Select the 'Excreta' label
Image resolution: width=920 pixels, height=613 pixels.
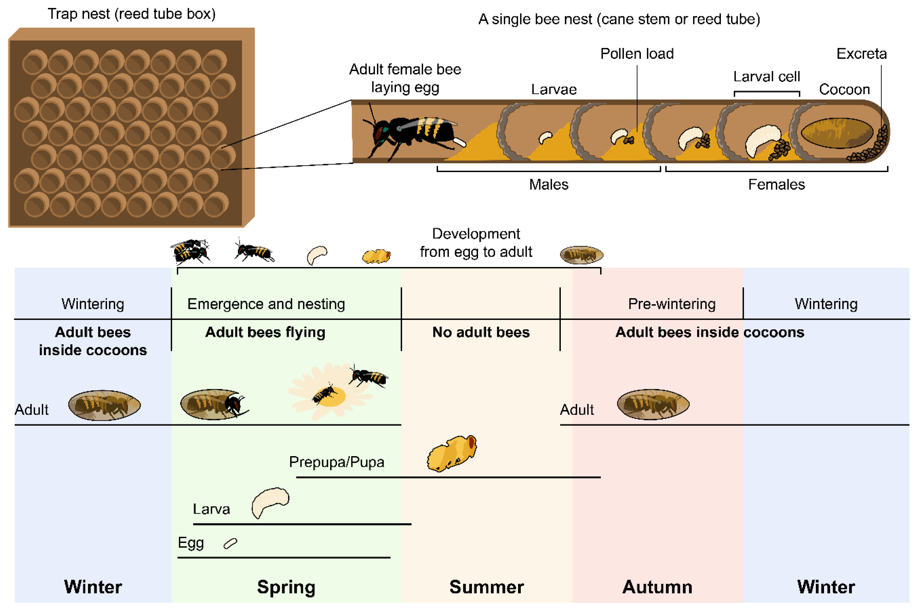861,53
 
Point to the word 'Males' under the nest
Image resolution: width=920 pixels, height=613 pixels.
548,184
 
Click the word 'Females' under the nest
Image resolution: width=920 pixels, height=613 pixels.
776,184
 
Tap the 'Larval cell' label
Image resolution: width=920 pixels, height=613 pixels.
766,76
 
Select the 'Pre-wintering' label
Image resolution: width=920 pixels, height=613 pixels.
671,304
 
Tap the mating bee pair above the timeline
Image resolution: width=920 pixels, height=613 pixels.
190,251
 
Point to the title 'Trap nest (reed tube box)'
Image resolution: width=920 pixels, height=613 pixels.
132,14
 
